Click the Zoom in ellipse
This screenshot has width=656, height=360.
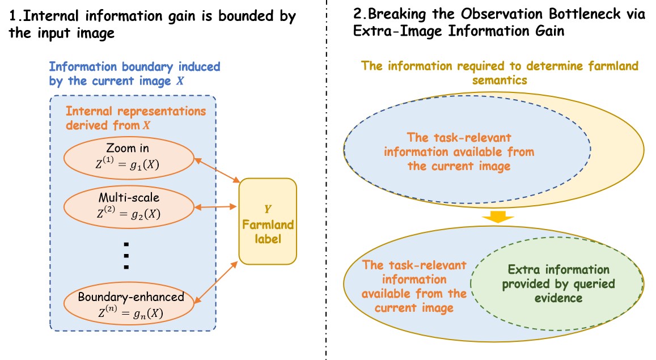point(129,158)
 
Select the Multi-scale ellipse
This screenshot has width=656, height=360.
point(129,207)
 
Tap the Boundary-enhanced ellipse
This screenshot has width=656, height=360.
point(129,304)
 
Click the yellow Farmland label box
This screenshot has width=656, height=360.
point(268,221)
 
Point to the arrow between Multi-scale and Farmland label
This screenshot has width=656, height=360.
point(215,206)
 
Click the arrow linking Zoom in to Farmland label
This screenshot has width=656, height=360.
point(217,170)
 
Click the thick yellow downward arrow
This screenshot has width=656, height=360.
point(497,217)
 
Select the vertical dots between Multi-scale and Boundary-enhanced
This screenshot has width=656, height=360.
point(126,256)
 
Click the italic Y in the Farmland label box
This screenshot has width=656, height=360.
point(268,209)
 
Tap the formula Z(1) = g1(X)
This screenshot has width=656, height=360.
point(128,163)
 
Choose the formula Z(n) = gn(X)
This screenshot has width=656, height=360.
point(130,312)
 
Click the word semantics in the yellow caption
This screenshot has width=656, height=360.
point(500,81)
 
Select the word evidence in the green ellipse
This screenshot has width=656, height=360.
point(558,298)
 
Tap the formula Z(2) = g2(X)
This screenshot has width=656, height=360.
point(129,213)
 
